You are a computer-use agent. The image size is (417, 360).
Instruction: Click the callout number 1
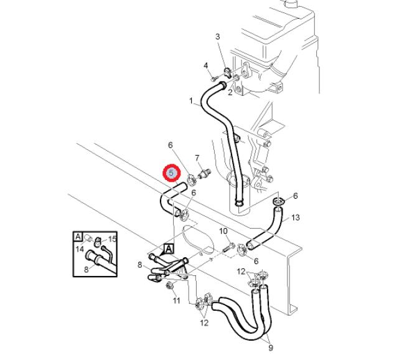click(191, 100)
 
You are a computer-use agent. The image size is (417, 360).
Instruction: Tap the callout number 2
click(230, 93)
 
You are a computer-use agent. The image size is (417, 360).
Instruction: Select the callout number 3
click(218, 37)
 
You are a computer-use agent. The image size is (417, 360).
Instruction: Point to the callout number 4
click(205, 65)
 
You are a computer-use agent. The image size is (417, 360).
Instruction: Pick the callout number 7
click(197, 158)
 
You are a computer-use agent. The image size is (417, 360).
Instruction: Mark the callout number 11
click(176, 301)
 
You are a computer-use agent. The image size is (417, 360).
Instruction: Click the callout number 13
click(296, 217)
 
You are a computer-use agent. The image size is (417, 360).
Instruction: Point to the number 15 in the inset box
click(113, 239)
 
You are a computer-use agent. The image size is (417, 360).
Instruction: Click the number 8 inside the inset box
click(87, 270)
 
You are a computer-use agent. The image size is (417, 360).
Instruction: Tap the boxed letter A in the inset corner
click(78, 237)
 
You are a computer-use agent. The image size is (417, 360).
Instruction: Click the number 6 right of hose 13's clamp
click(296, 196)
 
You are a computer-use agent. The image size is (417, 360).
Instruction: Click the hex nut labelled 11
click(169, 286)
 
